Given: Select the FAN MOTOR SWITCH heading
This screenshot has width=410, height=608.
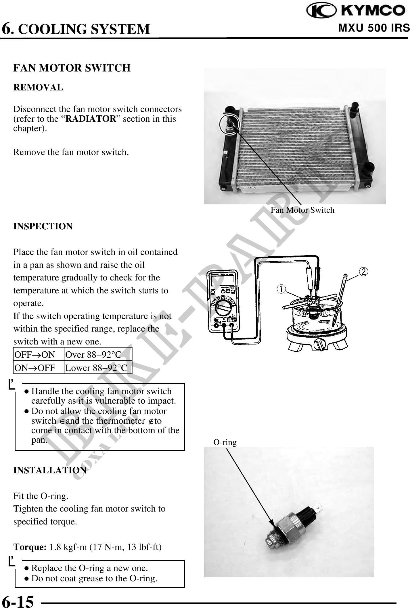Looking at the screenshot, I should [x=72, y=68].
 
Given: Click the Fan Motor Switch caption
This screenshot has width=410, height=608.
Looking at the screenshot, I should [x=302, y=210].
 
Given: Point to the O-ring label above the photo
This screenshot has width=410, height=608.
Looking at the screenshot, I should [x=225, y=442].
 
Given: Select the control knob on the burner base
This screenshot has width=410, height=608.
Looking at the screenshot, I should [x=319, y=344].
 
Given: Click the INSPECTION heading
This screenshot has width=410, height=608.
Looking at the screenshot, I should [x=43, y=226].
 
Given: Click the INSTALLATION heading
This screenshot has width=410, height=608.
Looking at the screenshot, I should [x=50, y=470].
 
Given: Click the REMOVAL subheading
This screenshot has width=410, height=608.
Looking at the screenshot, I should [x=38, y=88].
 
